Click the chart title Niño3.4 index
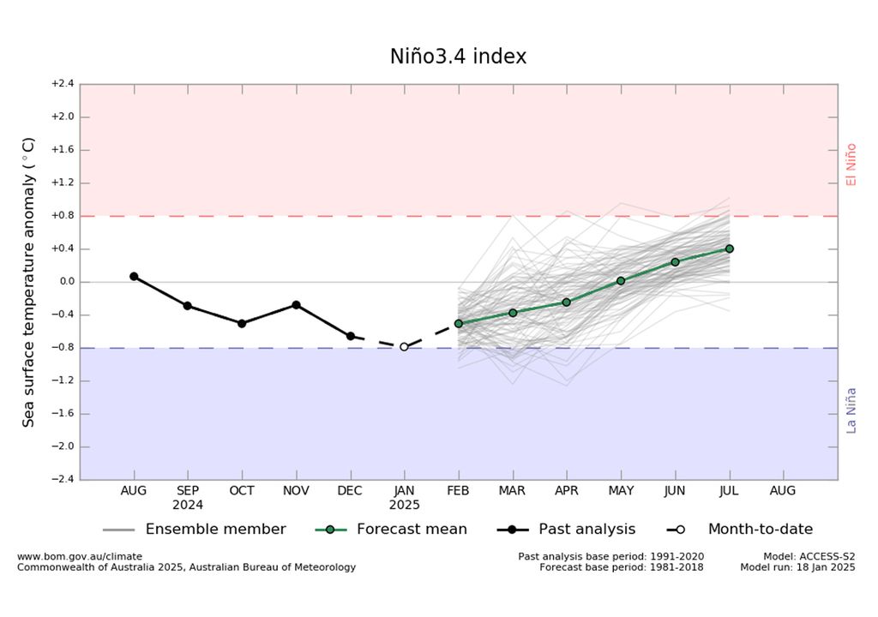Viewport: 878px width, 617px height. [458, 57]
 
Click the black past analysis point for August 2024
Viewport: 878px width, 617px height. [134, 276]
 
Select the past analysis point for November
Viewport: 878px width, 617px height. [296, 304]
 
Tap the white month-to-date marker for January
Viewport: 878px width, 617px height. [404, 347]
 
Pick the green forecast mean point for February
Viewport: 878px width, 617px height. [459, 323]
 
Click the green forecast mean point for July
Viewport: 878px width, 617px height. [730, 249]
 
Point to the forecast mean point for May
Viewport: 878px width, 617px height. [621, 280]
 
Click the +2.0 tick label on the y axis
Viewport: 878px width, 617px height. [63, 117]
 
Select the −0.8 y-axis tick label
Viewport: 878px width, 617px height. [63, 348]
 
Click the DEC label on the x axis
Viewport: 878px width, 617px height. [351, 491]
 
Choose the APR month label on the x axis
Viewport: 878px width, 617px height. [567, 491]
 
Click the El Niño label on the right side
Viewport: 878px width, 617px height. [851, 165]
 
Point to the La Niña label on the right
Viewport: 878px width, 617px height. [851, 410]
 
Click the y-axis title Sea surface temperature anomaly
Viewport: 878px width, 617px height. [29, 282]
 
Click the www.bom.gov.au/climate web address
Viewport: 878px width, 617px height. [80, 556]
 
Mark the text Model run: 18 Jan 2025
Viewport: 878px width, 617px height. [797, 567]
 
